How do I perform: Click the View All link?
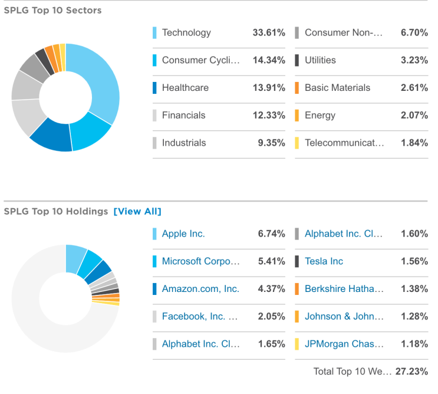point(137,212)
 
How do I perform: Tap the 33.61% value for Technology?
point(269,33)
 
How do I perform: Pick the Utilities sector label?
point(320,60)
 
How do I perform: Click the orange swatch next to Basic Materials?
point(297,88)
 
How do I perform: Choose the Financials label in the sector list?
point(183,116)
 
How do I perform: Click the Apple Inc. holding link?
point(183,234)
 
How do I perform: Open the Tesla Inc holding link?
point(324,261)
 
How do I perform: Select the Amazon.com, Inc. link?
point(200,289)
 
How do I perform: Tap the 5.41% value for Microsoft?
point(271,261)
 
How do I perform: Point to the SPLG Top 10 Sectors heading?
point(52,11)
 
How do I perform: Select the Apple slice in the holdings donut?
point(75,258)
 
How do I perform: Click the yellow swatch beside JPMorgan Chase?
point(297,344)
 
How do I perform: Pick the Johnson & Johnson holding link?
point(344,317)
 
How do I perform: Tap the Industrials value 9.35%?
point(271,143)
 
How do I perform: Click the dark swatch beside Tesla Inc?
point(297,261)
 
